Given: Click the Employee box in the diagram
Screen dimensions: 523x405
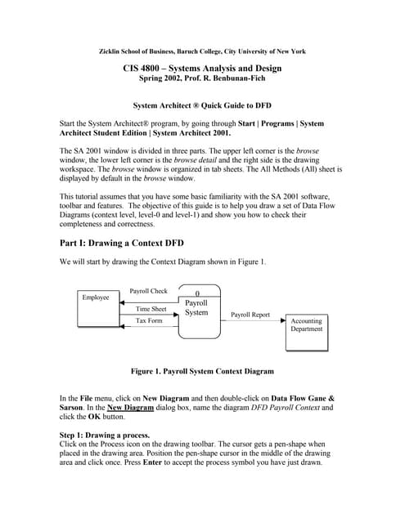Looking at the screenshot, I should point(96,298).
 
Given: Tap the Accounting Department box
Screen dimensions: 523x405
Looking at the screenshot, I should point(306,326).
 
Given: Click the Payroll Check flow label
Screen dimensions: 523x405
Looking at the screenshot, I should point(148,291).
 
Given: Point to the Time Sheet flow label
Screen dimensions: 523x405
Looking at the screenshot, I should point(151,309).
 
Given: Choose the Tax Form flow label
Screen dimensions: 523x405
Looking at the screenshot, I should point(150,321).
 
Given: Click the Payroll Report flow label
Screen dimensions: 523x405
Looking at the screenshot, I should point(250,315).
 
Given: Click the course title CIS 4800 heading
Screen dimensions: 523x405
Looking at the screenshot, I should point(202,68).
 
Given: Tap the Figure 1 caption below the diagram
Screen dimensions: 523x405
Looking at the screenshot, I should point(202,371).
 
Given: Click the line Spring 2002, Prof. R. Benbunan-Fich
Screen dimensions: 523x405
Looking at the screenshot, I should point(202,79).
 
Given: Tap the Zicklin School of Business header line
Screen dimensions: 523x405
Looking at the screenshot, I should point(202,51).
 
